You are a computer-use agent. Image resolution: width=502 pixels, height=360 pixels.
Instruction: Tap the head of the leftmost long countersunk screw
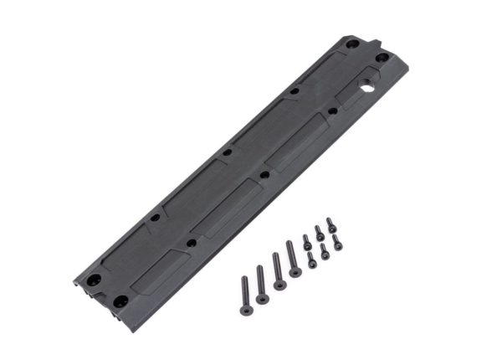click(246, 310)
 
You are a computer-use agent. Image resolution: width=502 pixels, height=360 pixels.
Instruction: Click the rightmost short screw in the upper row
click(330, 224)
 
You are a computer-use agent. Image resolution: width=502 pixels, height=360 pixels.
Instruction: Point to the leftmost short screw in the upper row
click(306, 240)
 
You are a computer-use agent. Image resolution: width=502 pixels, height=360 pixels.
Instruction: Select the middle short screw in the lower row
click(325, 250)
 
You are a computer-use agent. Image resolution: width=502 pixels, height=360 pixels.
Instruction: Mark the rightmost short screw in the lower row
click(336, 242)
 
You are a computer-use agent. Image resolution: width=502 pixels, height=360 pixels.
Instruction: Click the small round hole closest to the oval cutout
click(332, 110)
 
